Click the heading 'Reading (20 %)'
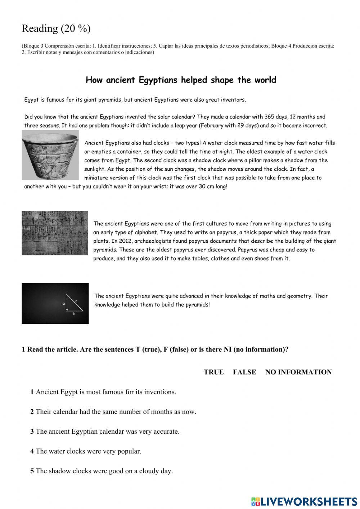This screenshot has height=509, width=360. pos(56,28)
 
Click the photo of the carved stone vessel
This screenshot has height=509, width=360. pos(50,155)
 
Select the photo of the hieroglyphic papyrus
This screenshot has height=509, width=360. pos(55,233)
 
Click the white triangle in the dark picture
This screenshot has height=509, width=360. pos(74,304)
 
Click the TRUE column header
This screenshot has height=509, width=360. pos(213,372)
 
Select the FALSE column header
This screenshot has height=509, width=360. pos(244,372)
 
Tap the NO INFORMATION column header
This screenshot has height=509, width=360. pos(298,372)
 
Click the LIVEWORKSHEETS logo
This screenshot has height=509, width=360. pos(304,501)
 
